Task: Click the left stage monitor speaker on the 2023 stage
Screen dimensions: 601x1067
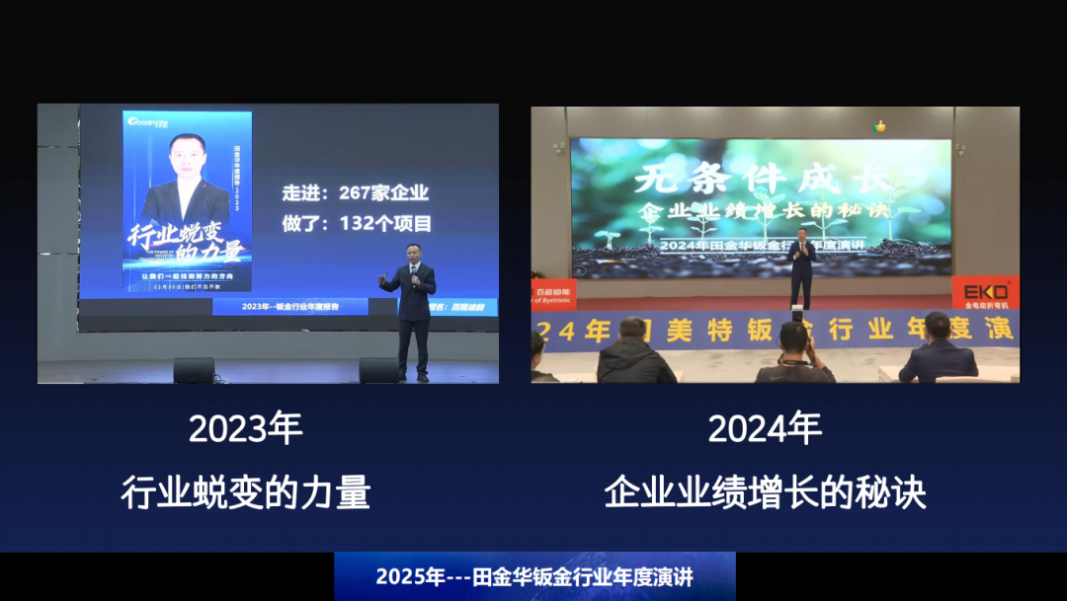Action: click(194, 370)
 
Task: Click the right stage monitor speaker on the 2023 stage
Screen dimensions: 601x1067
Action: click(378, 370)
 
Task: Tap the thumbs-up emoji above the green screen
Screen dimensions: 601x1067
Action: click(880, 126)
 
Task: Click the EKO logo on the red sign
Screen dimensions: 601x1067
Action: click(985, 293)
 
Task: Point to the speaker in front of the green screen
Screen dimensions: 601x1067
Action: click(802, 266)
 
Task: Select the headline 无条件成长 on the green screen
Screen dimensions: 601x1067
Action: click(761, 180)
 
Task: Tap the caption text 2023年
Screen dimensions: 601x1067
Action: click(245, 429)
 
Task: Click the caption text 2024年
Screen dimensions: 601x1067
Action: click(765, 429)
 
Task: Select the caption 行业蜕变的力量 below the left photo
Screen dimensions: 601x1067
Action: click(245, 491)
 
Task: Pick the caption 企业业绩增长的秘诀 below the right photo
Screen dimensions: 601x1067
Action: click(765, 491)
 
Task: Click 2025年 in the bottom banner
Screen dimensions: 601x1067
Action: click(411, 577)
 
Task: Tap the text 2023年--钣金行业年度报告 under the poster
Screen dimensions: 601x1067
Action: click(289, 308)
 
